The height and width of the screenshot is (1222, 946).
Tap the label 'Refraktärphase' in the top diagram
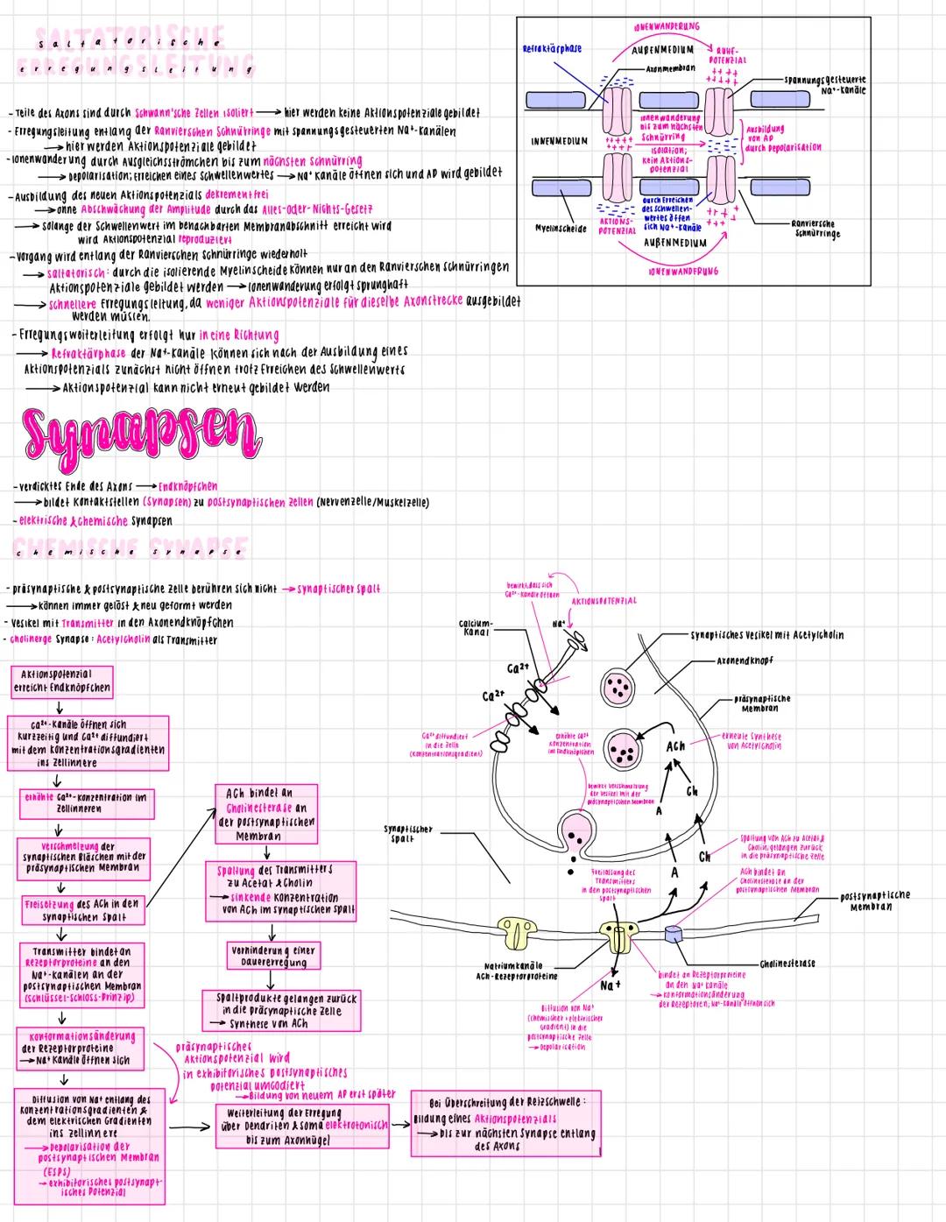(552, 49)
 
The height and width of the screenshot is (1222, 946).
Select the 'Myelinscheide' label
(561, 228)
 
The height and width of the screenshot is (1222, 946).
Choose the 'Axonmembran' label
(670, 67)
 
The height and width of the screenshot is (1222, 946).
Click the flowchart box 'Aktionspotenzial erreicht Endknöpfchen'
(61, 682)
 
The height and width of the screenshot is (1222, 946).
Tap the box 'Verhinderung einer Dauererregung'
(273, 956)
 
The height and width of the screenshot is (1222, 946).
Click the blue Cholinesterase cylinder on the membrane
(673, 935)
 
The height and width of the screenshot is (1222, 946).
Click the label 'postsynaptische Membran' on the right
(874, 901)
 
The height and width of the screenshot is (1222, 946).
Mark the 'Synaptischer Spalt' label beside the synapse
(408, 833)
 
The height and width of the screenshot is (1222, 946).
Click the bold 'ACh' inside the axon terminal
(675, 746)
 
